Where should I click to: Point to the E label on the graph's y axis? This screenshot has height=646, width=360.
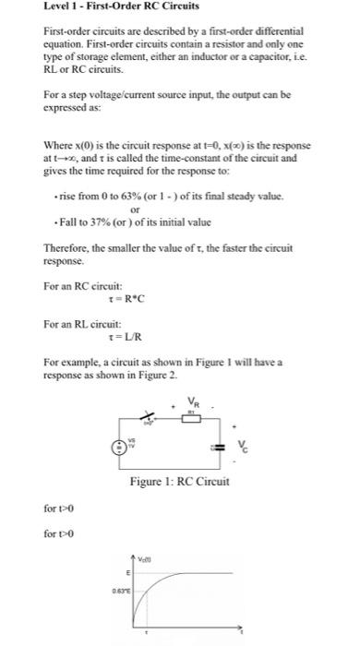click(x=128, y=572)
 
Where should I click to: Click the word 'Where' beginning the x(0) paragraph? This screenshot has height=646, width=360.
click(x=57, y=146)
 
